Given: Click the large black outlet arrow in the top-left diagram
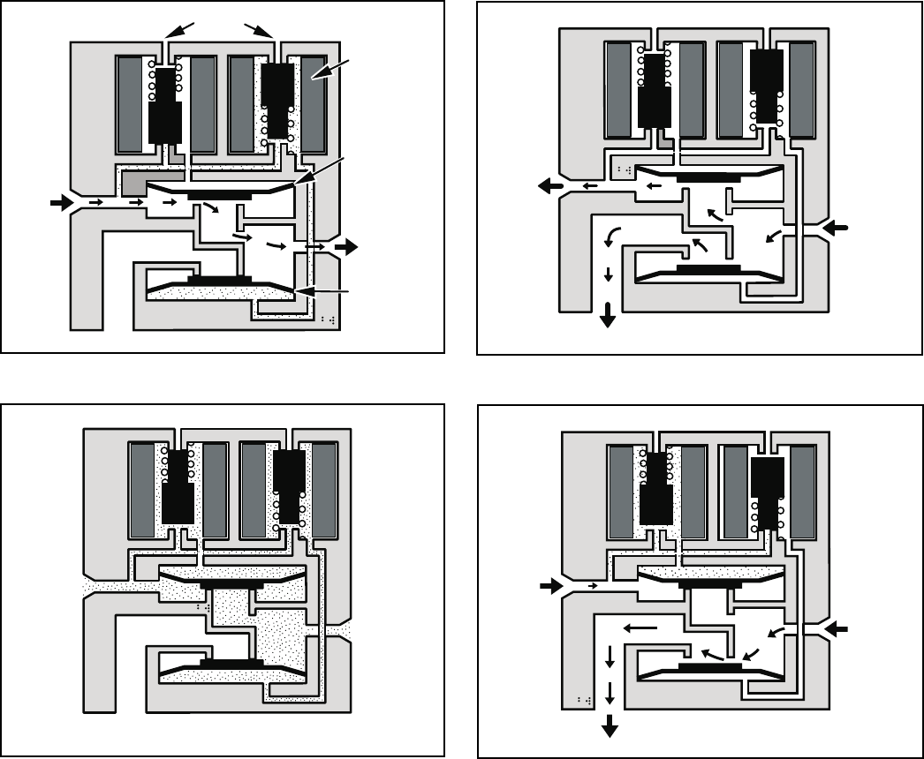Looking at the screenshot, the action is pos(346,247).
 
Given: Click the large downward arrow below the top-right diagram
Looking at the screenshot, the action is pos(608,315).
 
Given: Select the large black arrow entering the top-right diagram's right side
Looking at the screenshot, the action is pos(836,229).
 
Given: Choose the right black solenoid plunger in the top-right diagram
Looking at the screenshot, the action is pos(765,84).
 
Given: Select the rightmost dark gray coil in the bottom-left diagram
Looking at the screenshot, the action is pos(327,490).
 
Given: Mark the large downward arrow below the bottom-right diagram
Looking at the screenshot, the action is pos(609,725).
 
